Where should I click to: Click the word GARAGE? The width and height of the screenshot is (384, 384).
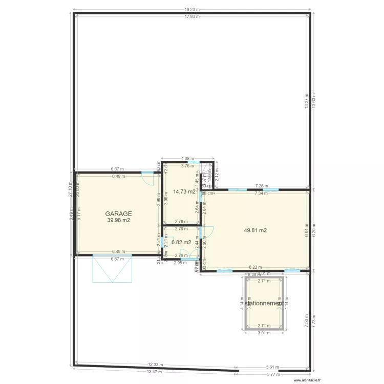(x=119, y=214)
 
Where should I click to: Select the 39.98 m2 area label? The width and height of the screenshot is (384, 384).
(x=119, y=220)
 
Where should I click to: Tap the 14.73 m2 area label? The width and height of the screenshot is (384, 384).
(x=184, y=191)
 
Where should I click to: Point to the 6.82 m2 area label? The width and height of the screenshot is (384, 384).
(x=181, y=242)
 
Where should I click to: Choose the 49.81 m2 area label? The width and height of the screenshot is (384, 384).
(x=255, y=230)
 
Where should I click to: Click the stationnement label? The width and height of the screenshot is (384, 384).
(x=264, y=303)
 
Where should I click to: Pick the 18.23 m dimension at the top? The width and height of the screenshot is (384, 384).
(x=192, y=9)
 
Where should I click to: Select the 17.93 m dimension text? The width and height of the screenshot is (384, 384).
(x=192, y=16)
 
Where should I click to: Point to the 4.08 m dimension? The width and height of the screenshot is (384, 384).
(x=188, y=158)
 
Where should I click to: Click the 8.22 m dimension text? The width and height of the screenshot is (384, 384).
(x=254, y=267)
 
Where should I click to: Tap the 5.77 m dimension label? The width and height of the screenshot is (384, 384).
(x=273, y=374)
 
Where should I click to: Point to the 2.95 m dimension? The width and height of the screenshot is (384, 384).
(x=179, y=263)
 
